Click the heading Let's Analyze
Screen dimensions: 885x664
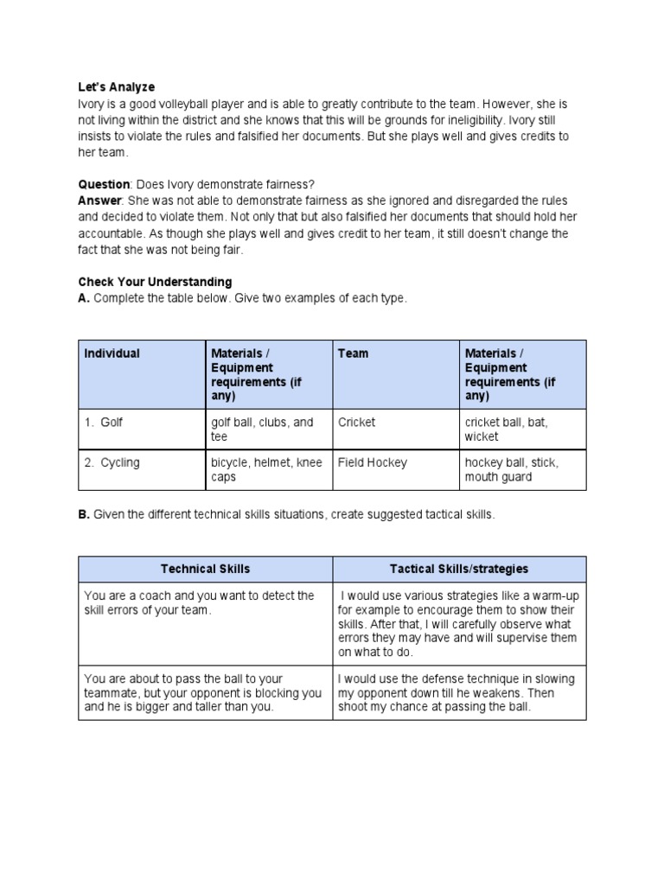[117, 86]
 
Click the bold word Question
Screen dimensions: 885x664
[105, 184]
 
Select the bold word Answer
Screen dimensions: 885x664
[101, 200]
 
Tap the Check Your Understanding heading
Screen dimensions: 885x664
[155, 282]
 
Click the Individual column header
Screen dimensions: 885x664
[112, 353]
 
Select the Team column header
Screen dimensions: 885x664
[353, 353]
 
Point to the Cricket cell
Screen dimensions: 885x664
[356, 423]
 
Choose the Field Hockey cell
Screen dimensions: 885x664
[372, 462]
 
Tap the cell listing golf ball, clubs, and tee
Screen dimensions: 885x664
[262, 430]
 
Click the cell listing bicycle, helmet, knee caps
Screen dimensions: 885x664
[266, 469]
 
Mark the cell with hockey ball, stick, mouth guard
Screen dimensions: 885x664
[511, 469]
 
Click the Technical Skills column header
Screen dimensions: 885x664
[205, 569]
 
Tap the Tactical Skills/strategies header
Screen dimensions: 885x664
[458, 569]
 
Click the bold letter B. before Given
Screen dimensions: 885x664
[84, 514]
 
